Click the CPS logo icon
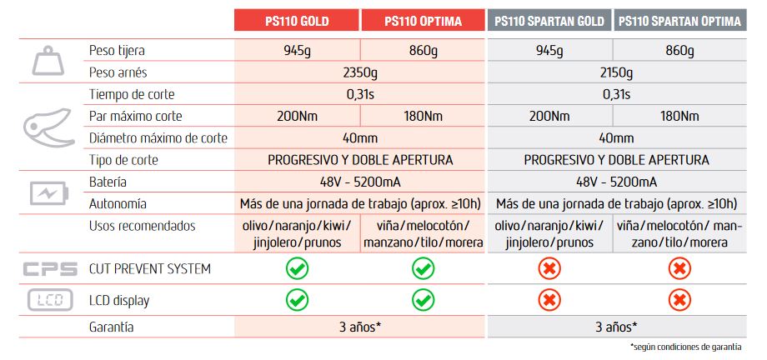click(49, 269)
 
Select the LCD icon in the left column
click(49, 300)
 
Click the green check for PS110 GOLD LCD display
click(297, 300)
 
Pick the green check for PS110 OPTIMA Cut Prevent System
click(424, 269)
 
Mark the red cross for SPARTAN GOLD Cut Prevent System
click(549, 269)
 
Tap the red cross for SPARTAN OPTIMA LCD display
click(679, 300)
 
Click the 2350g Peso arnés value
click(361, 72)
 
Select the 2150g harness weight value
click(616, 72)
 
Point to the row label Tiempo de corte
click(132, 94)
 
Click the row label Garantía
click(112, 327)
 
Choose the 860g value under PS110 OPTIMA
click(424, 51)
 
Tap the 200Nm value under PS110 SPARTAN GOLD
click(549, 116)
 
